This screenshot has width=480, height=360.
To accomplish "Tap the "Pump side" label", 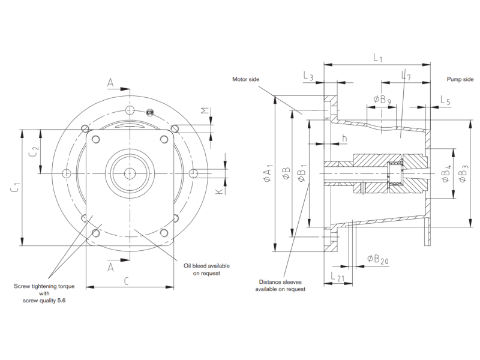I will pos(460,79).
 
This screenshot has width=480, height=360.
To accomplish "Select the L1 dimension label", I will pos(378,58).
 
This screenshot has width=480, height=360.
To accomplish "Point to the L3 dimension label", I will pos(308,76).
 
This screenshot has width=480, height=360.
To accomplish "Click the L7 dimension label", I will pos(406,76).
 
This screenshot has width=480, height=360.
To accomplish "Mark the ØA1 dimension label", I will pos(268,173).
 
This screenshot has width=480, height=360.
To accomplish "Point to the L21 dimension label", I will pos(337,277).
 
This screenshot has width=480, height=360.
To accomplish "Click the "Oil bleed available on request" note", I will pos(206,269).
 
